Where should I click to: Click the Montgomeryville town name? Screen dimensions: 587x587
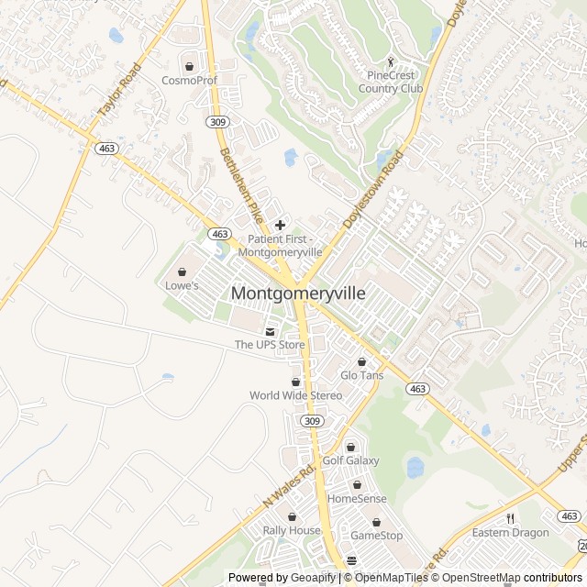[298, 293]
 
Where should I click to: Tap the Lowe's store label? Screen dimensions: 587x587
[182, 285]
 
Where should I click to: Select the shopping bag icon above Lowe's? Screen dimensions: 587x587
[182, 271]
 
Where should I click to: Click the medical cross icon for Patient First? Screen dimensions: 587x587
[280, 225]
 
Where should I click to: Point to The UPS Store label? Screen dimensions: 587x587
[270, 345]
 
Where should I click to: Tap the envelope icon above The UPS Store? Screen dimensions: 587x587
[270, 331]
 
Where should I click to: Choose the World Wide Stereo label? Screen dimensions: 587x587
[295, 395]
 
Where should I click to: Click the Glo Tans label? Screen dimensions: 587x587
[362, 375]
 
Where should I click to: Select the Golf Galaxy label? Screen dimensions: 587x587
[350, 460]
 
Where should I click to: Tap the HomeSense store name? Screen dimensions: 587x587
[357, 499]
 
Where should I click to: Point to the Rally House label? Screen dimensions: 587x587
[292, 530]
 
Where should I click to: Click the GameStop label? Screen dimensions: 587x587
[376, 535]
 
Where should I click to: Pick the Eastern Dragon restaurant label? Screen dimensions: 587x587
[511, 533]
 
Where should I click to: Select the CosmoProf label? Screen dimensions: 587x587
[189, 80]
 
